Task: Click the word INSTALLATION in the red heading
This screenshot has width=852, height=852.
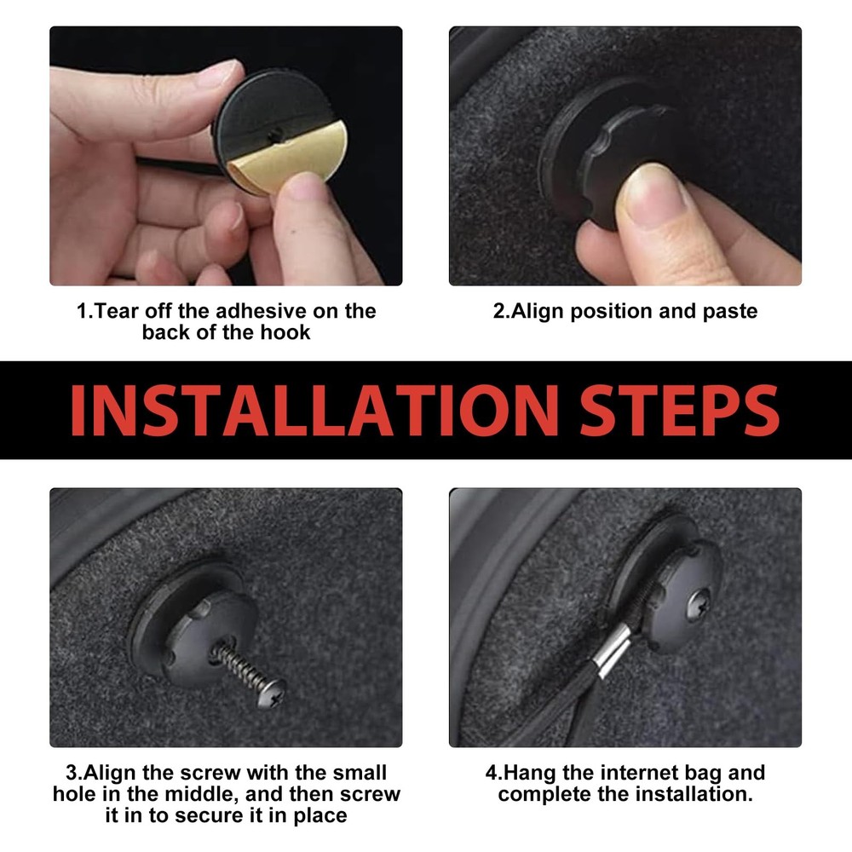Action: (x=314, y=411)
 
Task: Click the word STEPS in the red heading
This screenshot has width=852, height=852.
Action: (x=680, y=411)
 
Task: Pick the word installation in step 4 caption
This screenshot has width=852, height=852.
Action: (x=694, y=794)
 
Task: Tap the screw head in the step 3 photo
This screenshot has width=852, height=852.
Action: (x=273, y=694)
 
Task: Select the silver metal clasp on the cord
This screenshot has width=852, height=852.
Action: (x=611, y=649)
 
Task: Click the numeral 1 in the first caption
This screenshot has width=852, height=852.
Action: (x=82, y=311)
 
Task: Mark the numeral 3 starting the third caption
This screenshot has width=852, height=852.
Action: (x=72, y=773)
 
